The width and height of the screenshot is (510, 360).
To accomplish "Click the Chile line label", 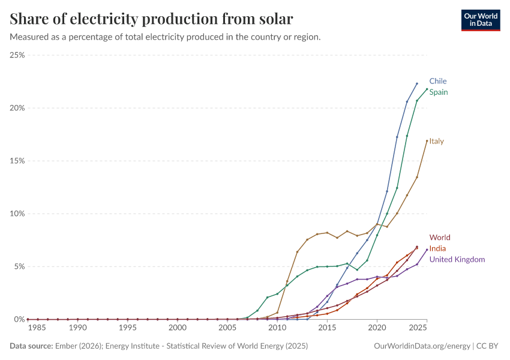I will [437, 81].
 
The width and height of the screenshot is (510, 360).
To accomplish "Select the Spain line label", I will [438, 92].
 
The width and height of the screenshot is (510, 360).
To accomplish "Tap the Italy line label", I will [436, 142].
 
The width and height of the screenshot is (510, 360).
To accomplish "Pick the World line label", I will [439, 238].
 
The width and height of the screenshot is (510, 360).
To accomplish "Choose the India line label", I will [437, 248].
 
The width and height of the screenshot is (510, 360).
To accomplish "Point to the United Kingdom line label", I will [457, 259].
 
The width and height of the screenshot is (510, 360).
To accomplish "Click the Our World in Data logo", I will [480, 20].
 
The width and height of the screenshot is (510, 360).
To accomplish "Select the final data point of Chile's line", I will [417, 83].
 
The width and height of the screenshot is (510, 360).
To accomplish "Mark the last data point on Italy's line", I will [427, 141].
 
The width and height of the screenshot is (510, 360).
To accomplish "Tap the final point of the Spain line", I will [427, 89].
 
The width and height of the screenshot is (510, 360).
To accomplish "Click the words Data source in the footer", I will [29, 346].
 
